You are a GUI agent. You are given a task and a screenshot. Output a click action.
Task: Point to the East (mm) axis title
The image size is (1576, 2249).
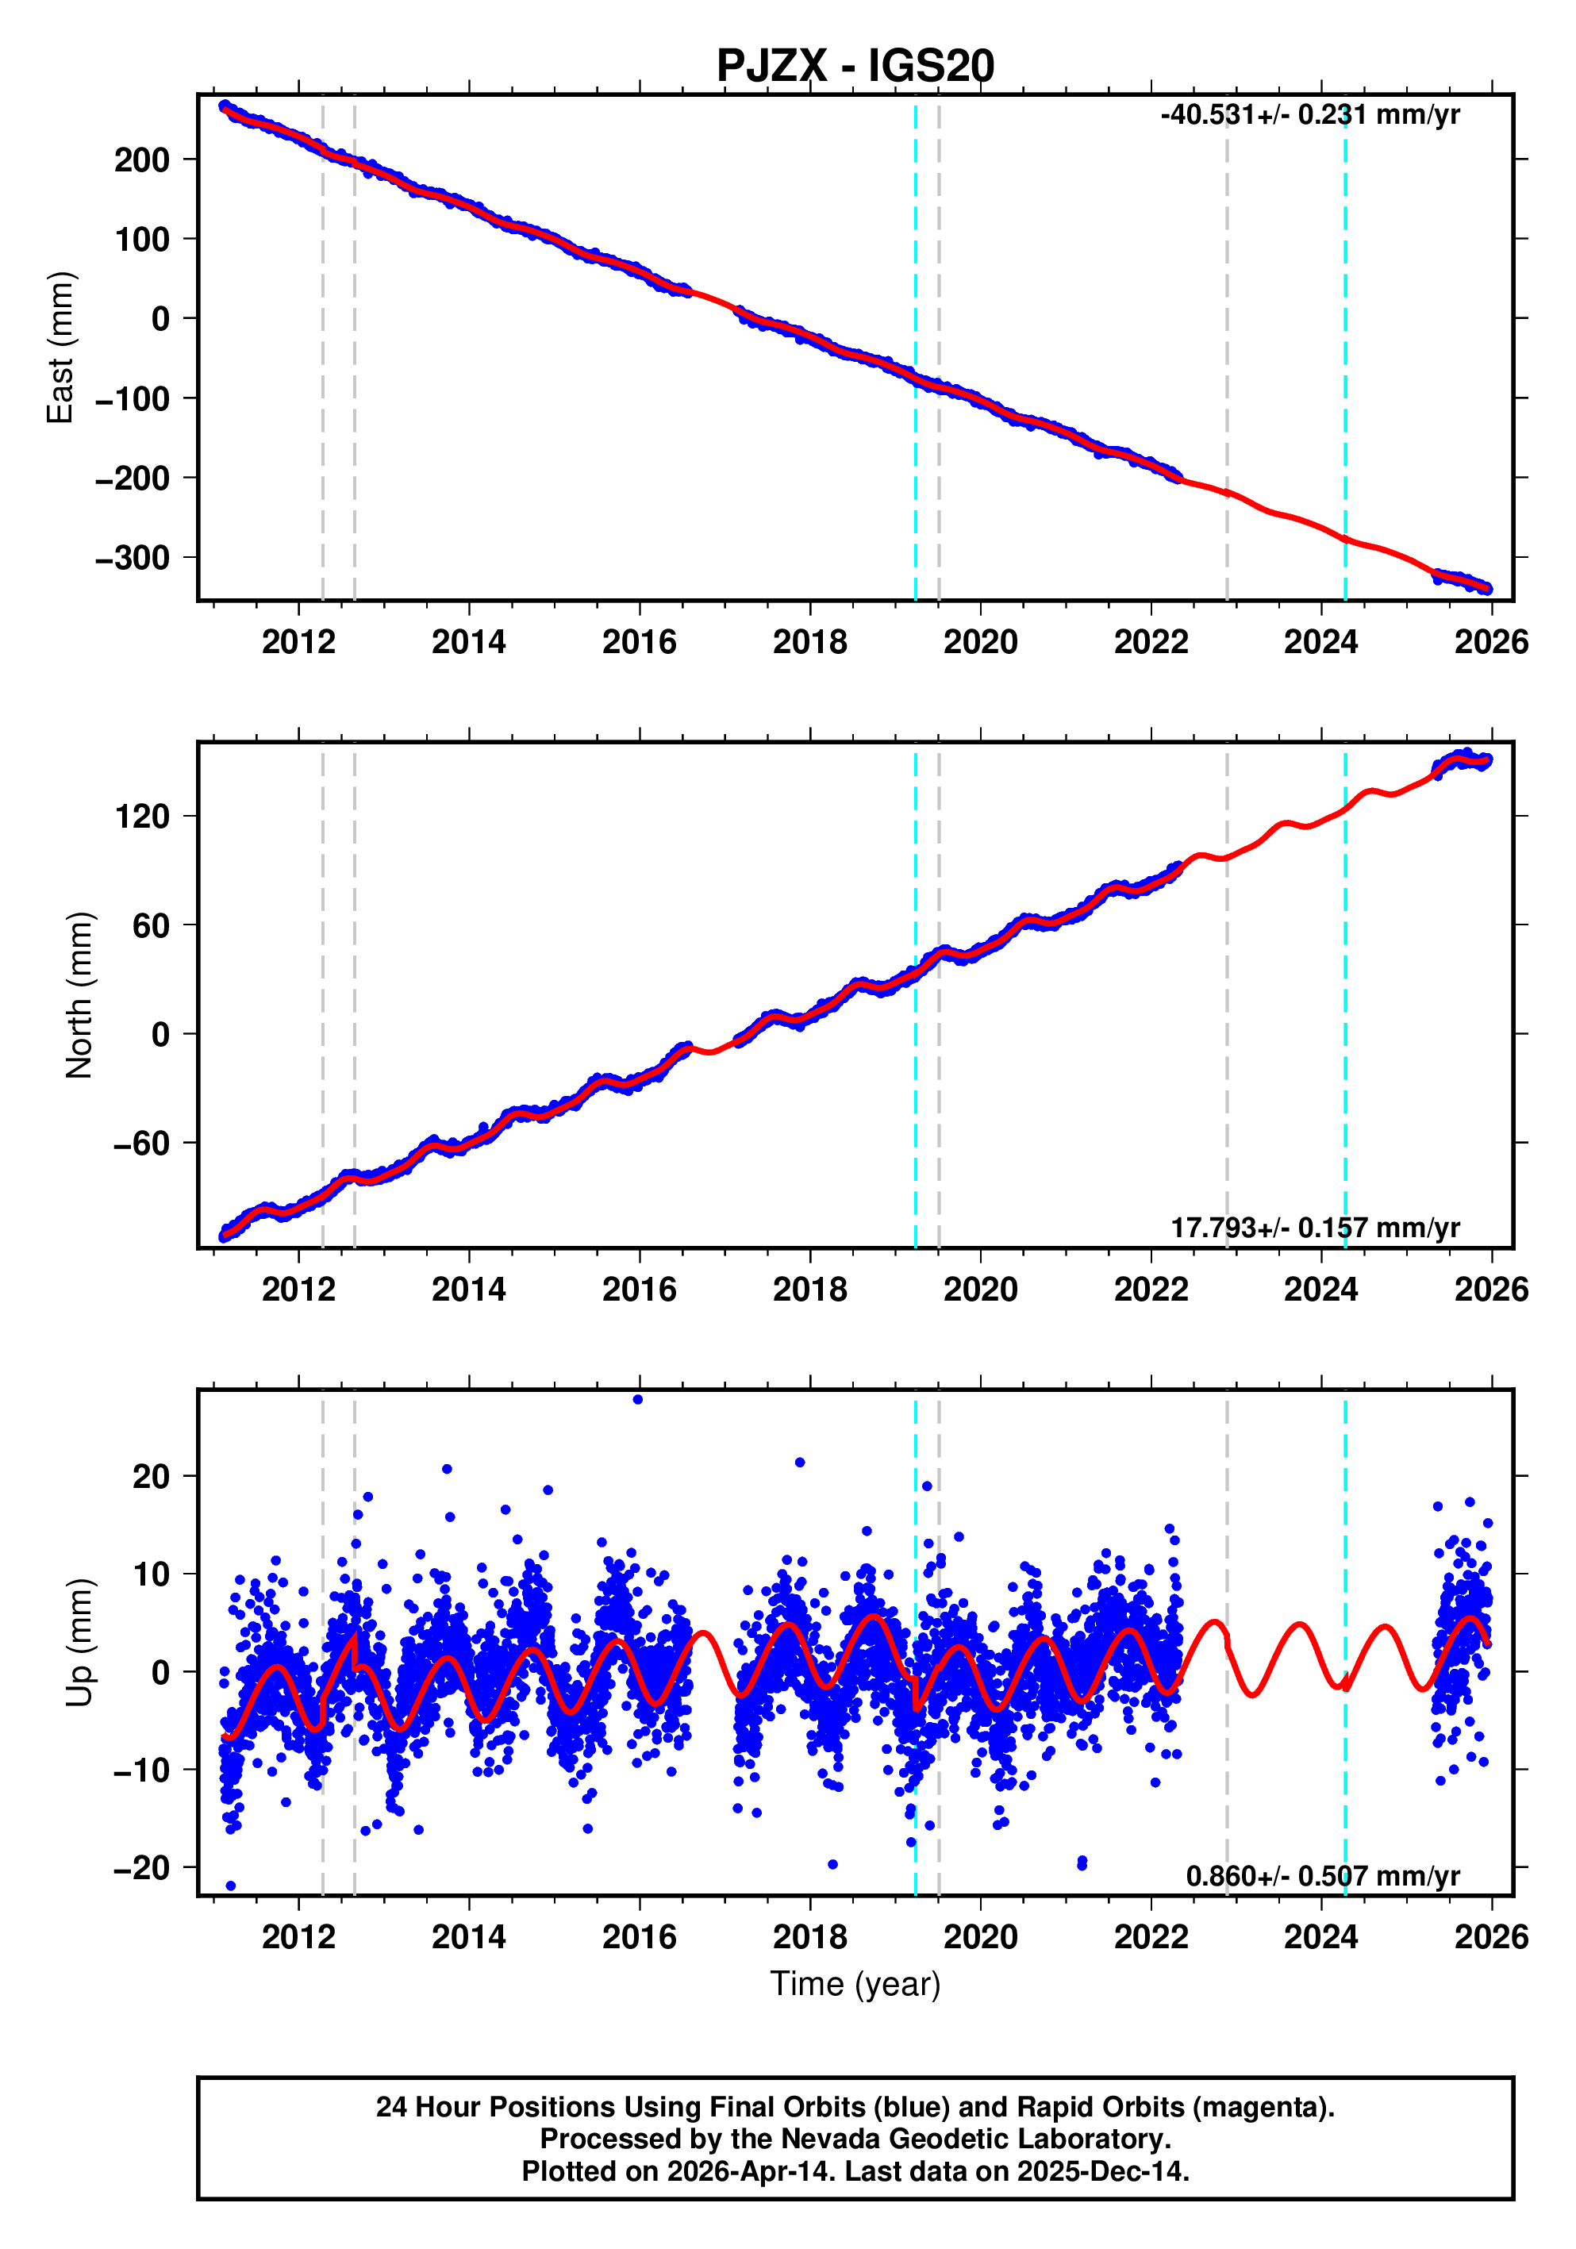(61, 348)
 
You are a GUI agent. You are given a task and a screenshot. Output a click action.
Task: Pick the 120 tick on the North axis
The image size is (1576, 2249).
(142, 816)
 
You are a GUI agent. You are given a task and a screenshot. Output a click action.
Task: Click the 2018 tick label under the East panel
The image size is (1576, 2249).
(809, 643)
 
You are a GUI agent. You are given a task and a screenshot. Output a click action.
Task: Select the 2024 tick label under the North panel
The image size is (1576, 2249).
(1320, 1290)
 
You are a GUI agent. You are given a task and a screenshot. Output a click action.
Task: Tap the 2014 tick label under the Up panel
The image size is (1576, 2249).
(468, 1937)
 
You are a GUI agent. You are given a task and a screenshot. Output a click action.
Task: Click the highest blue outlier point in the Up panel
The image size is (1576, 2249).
(638, 1400)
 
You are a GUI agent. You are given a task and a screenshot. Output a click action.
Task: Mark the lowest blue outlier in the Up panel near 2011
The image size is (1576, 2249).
(231, 1886)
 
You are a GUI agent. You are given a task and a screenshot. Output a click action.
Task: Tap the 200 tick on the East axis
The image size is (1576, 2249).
(142, 160)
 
